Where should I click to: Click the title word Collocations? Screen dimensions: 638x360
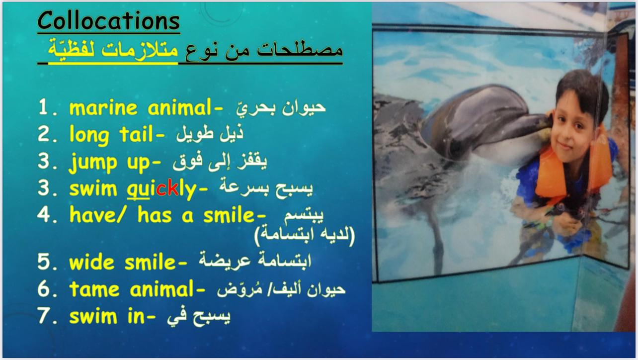tap(108, 20)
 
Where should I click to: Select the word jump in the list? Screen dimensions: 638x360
tap(93, 163)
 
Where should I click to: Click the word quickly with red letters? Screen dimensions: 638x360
tap(161, 188)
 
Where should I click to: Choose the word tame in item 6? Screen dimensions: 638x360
tap(94, 289)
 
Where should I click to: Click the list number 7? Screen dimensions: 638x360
tap(44, 316)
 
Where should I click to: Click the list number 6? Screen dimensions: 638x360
tap(44, 289)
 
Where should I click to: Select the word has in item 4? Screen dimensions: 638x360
tap(155, 215)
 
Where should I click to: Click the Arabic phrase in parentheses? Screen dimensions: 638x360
tap(305, 235)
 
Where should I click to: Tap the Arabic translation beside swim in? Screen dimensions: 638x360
tap(199, 317)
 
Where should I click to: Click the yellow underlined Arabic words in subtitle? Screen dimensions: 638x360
tap(113, 49)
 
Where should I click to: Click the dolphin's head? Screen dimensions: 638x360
tap(484, 120)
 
